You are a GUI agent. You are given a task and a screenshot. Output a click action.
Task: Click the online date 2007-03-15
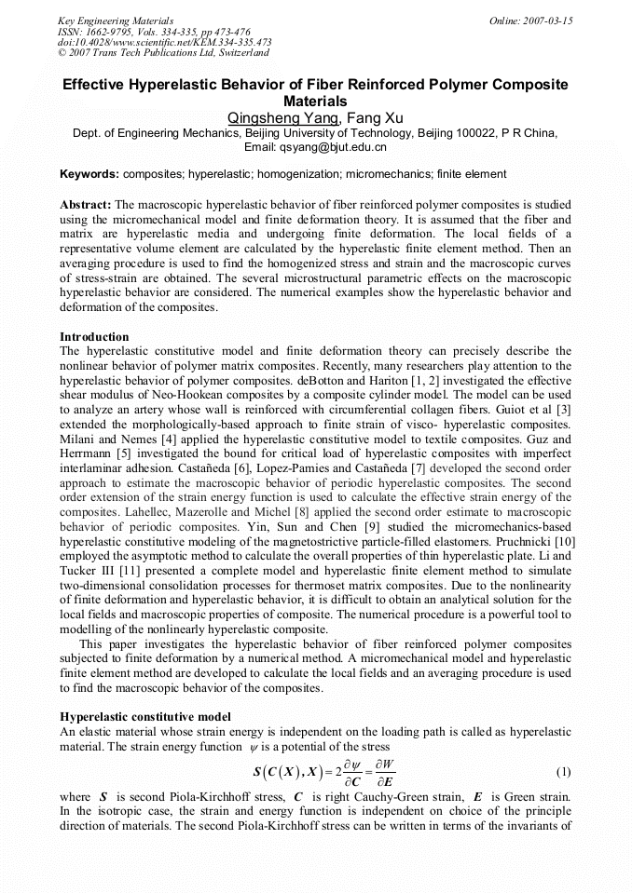point(546,20)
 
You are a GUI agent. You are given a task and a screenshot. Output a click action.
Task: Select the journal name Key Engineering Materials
point(116,20)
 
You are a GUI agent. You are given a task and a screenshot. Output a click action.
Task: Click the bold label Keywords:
point(89,174)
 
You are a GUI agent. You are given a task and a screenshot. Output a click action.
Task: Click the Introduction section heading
point(94,337)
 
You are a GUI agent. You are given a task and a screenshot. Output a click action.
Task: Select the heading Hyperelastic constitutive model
point(145,717)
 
